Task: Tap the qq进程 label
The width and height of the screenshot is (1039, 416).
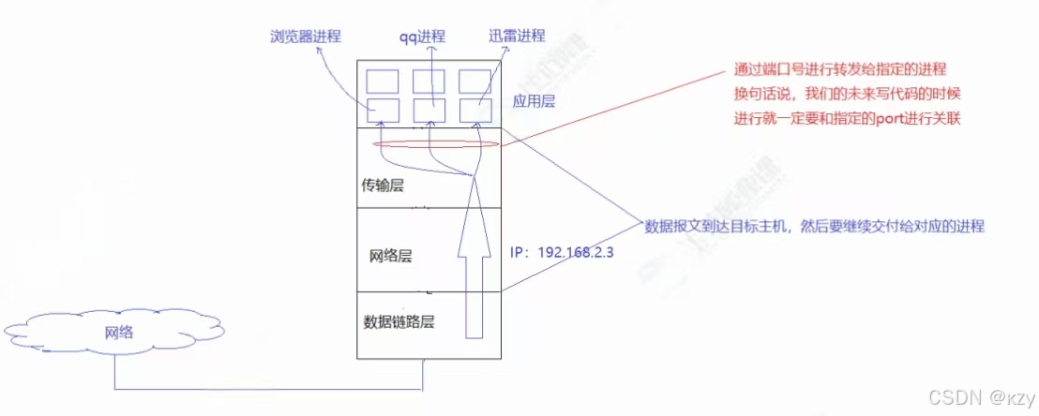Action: pyautogui.click(x=420, y=37)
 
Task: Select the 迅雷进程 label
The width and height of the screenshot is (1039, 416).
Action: pyautogui.click(x=517, y=37)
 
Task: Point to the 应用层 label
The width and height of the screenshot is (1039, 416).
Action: pyautogui.click(x=535, y=101)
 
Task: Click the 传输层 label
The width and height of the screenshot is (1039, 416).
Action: pyautogui.click(x=382, y=186)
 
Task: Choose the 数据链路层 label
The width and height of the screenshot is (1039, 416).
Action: pyautogui.click(x=400, y=321)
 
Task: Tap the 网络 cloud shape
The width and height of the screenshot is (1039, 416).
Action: pyautogui.click(x=113, y=332)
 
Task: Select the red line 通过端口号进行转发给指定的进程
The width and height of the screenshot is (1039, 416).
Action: pyautogui.click(x=840, y=71)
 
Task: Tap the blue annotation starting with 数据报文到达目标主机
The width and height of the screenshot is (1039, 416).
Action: pyautogui.click(x=815, y=227)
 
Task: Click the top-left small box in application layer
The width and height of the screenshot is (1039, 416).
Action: pyautogui.click(x=383, y=81)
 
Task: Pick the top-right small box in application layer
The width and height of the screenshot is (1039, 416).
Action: pyautogui.click(x=475, y=81)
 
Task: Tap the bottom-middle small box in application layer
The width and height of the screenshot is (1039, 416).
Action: pyautogui.click(x=429, y=110)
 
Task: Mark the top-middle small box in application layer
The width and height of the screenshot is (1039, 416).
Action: pyautogui.click(x=429, y=81)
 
